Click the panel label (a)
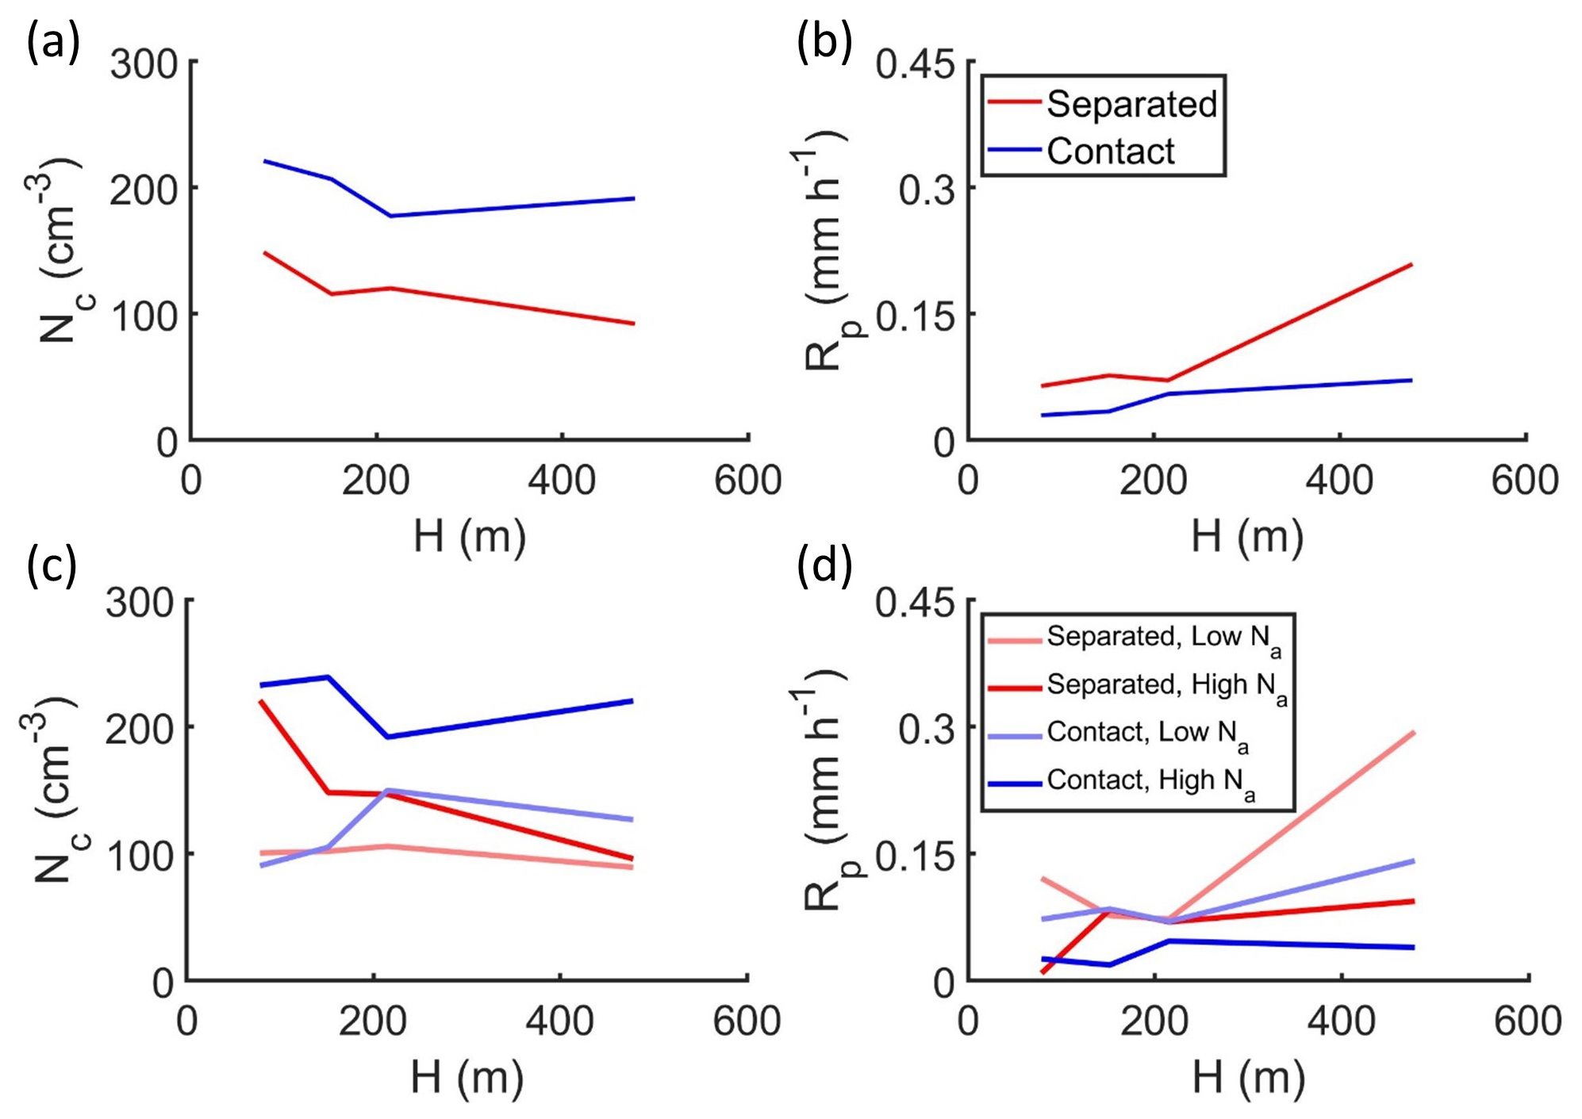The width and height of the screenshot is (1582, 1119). coord(53,42)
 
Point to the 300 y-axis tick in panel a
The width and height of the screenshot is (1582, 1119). coord(144,63)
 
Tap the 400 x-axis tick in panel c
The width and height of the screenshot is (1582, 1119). coord(560,1021)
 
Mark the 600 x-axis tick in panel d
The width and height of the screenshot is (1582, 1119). coord(1527,1021)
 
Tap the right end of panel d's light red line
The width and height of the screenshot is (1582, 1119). coord(1414,733)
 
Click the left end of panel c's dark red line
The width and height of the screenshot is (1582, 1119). coord(261,702)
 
